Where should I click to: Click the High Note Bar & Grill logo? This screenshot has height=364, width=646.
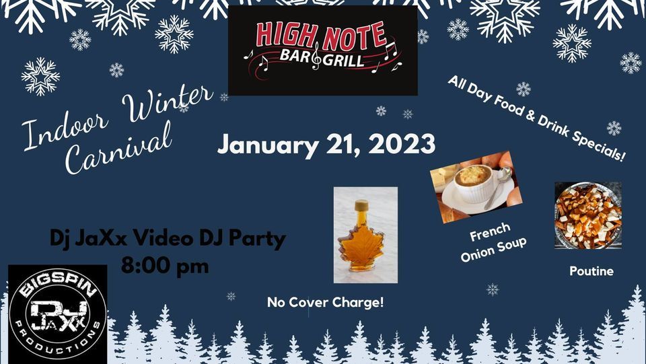click(x=322, y=50)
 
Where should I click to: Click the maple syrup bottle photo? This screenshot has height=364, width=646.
click(x=365, y=235)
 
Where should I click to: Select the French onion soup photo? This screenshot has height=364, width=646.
click(x=476, y=187)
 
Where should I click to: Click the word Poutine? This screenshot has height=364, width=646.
click(x=591, y=271)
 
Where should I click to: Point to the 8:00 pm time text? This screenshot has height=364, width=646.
click(x=165, y=264)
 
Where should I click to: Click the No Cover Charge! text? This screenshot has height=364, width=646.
click(x=326, y=302)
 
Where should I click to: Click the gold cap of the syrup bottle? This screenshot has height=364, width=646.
click(x=362, y=204)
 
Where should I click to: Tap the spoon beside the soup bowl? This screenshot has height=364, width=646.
click(x=501, y=188)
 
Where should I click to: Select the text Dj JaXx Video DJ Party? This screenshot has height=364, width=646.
click(x=168, y=238)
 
